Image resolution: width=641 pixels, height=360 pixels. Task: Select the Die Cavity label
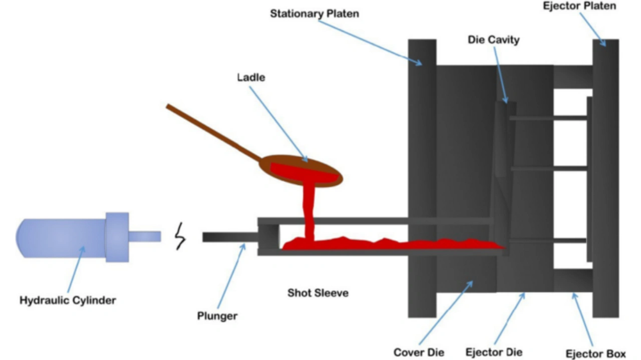coord(492,40)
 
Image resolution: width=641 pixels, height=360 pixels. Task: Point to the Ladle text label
coord(251,78)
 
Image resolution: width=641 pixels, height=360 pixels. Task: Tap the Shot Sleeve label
coord(317,293)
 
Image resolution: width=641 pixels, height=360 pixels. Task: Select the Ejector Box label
coord(595,352)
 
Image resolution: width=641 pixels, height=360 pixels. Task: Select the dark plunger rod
coord(229,237)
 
